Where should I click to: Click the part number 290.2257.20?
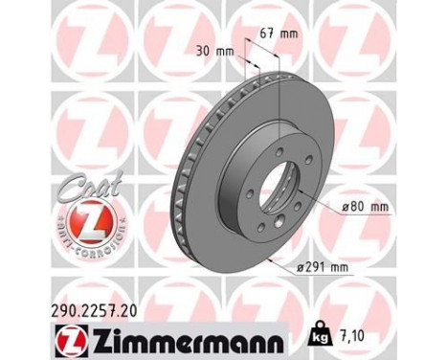[x=63, y=307]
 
